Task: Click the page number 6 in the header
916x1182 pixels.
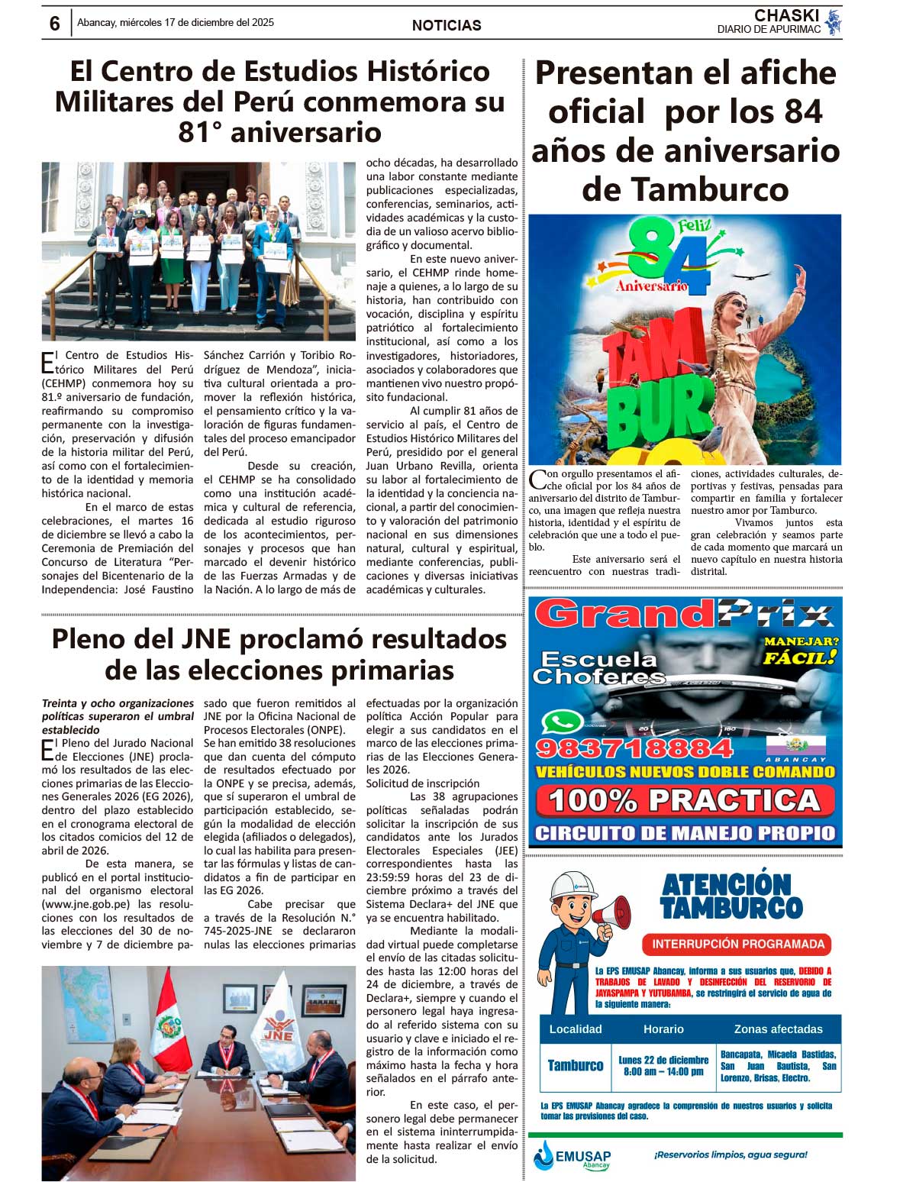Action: tap(54, 24)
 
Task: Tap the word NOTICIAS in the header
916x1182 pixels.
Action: tap(447, 25)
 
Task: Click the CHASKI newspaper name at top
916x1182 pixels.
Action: tap(786, 16)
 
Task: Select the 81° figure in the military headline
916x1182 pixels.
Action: tap(200, 132)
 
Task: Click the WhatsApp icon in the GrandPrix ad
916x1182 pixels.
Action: tap(556, 721)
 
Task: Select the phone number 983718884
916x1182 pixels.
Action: tap(634, 748)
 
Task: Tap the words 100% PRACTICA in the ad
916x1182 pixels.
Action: tap(684, 799)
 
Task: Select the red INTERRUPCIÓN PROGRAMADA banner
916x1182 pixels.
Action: tap(737, 944)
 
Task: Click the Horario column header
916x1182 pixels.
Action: tap(663, 1029)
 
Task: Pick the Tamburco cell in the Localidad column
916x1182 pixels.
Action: tap(575, 1065)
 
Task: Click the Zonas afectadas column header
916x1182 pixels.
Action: tap(778, 1029)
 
